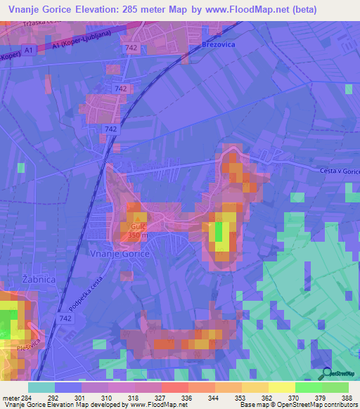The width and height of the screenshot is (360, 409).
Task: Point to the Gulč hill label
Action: point(137,228)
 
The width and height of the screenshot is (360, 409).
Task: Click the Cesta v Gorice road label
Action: point(339,171)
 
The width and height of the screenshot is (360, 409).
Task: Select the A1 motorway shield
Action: point(29,51)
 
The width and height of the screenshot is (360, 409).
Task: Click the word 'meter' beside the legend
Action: point(12,397)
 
